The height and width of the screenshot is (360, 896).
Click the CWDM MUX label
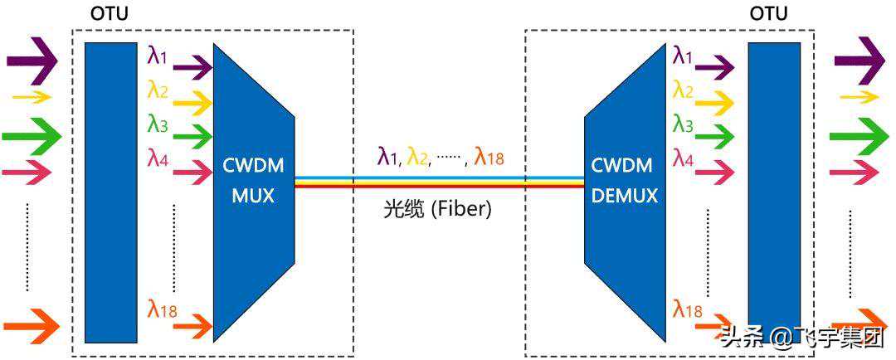coord(253,180)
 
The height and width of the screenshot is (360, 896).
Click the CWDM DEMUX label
coord(625,180)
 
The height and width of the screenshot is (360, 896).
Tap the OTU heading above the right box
coord(768,13)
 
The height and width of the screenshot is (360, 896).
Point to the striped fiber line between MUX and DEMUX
coord(439,181)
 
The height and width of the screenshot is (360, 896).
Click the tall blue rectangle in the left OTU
coord(110,192)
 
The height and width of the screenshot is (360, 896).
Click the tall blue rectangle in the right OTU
coord(774,192)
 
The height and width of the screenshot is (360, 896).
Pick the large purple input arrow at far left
coord(32,61)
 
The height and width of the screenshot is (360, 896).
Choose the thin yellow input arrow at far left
coord(32,97)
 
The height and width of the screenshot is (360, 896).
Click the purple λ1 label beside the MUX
coord(157,56)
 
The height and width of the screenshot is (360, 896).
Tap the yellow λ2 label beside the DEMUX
coord(683,90)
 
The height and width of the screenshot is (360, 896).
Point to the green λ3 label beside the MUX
coord(158,124)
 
